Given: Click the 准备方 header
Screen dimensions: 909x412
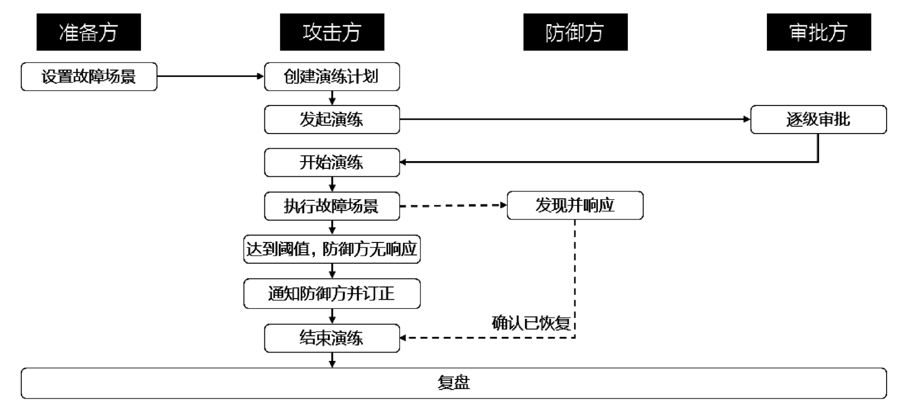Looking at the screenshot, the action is [x=89, y=32].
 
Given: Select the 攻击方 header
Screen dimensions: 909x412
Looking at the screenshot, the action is [x=332, y=32].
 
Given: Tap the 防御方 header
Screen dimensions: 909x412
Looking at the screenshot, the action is [x=575, y=32].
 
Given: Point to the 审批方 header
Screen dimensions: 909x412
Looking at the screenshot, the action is [x=819, y=32].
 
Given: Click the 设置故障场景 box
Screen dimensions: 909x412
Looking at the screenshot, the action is [x=89, y=77].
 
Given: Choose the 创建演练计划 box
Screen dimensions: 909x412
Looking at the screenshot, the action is [x=332, y=77].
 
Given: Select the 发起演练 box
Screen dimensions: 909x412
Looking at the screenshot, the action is [x=332, y=120].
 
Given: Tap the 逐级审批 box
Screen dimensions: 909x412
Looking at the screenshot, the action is [x=819, y=120].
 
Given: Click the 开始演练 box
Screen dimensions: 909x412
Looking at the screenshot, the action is [x=332, y=163].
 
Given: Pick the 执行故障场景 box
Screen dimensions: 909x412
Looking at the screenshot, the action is [x=332, y=206].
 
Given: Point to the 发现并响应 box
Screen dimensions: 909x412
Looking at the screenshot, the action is [x=575, y=205].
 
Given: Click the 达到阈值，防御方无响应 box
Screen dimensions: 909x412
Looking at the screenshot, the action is [x=332, y=249].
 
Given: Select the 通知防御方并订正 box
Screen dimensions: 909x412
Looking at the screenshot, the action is [x=332, y=294].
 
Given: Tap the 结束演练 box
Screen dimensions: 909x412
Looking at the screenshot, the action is [x=332, y=338].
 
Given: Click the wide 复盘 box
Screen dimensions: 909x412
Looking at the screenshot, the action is [x=454, y=383].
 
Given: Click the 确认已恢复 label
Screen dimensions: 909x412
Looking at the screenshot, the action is [x=531, y=323].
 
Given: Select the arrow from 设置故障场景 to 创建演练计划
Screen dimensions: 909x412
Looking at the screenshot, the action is [x=211, y=76].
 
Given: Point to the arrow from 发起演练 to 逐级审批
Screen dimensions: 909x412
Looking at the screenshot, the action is [x=575, y=119].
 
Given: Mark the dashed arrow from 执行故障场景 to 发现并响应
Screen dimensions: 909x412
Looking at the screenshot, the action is [x=453, y=205].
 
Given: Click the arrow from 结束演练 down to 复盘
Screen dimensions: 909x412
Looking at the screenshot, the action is [x=332, y=360].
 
